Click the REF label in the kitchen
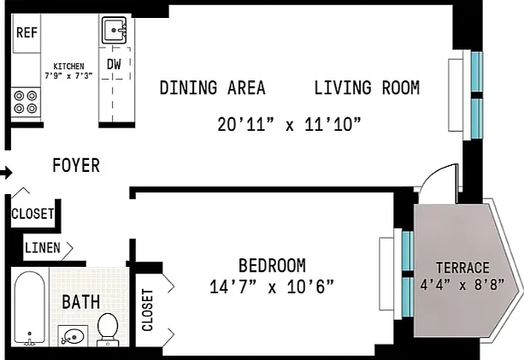pyautogui.click(x=26, y=32)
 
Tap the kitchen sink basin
pyautogui.click(x=114, y=30)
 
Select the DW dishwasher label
pyautogui.click(x=114, y=64)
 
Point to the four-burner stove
pyautogui.click(x=26, y=102)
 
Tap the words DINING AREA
pyautogui.click(x=213, y=88)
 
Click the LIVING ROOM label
pyautogui.click(x=367, y=88)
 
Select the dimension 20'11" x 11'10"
pyautogui.click(x=290, y=124)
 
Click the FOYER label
pyautogui.click(x=76, y=165)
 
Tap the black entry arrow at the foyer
pyautogui.click(x=6, y=173)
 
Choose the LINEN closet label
pyautogui.click(x=43, y=248)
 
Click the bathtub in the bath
pyautogui.click(x=30, y=308)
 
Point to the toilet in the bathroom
pyautogui.click(x=108, y=329)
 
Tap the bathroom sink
pyautogui.click(x=74, y=335)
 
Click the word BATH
pyautogui.click(x=81, y=302)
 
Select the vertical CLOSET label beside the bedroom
pyautogui.click(x=147, y=310)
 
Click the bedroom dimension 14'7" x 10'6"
pyautogui.click(x=272, y=286)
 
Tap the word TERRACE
pyautogui.click(x=462, y=268)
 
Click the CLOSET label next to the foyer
pyautogui.click(x=32, y=214)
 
